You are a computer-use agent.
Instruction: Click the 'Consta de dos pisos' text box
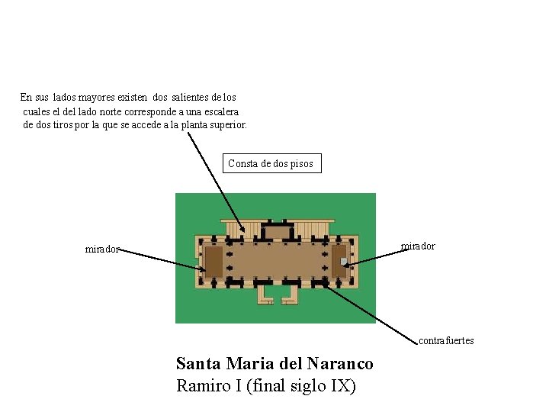pyautogui.click(x=271, y=163)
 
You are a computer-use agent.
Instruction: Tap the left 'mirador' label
pyautogui.click(x=102, y=249)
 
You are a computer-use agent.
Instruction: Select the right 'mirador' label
pyautogui.click(x=418, y=246)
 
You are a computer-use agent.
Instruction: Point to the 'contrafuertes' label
pyautogui.click(x=446, y=340)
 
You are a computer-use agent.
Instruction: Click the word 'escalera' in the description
pyautogui.click(x=217, y=111)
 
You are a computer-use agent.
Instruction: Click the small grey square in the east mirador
pyautogui.click(x=344, y=262)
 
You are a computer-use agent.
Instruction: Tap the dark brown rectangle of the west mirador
pyautogui.click(x=213, y=261)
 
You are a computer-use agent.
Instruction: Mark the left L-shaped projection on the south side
pyautogui.click(x=265, y=294)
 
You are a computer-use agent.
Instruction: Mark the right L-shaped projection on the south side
pyautogui.click(x=289, y=294)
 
